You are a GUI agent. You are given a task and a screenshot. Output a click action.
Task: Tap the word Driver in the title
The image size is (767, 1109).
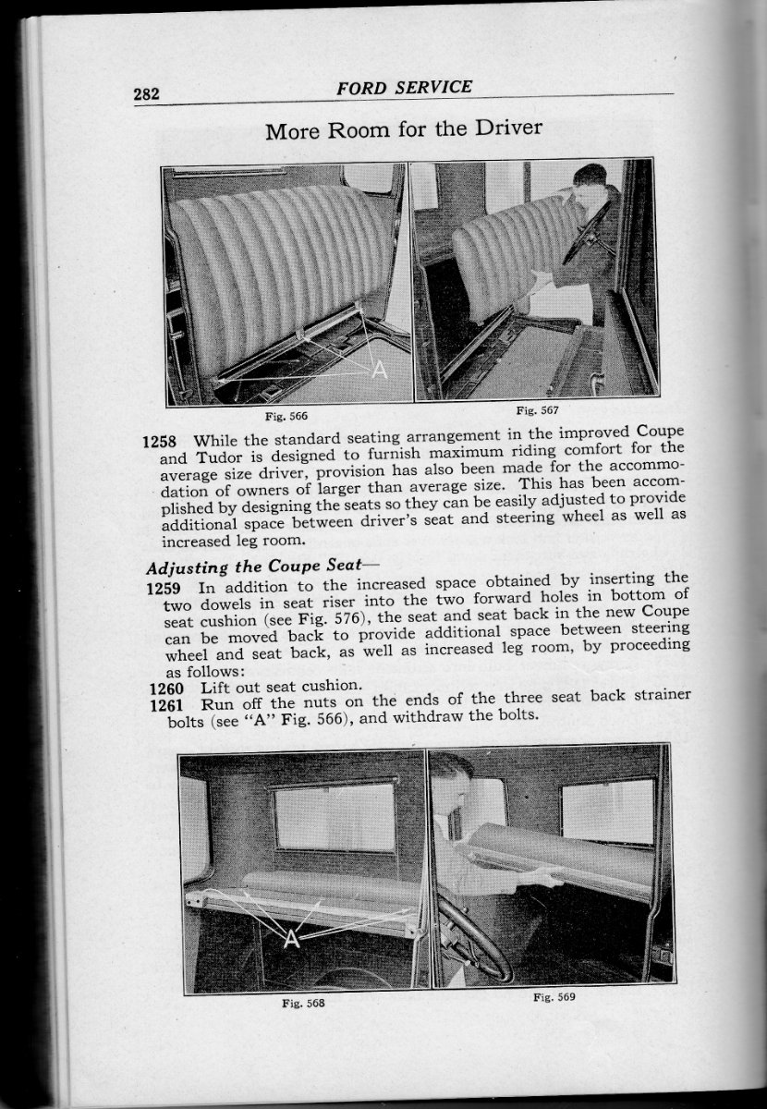point(505,129)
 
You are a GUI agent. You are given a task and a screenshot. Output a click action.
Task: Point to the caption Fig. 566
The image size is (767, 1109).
point(288,416)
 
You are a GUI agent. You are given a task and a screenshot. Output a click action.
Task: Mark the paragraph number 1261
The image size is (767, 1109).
point(167,704)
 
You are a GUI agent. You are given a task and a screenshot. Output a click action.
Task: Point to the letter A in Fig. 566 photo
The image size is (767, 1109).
point(378,370)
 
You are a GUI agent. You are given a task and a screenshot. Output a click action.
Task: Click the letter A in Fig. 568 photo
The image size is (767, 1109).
point(292,939)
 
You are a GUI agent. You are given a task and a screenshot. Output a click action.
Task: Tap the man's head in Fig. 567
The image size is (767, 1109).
point(590,178)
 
